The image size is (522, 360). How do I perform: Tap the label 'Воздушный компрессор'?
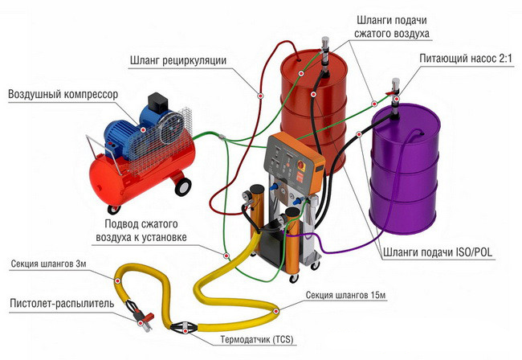[x=63, y=95]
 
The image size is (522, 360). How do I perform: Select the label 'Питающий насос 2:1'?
[x=464, y=59]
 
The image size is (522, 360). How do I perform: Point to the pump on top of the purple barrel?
[x=394, y=93]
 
